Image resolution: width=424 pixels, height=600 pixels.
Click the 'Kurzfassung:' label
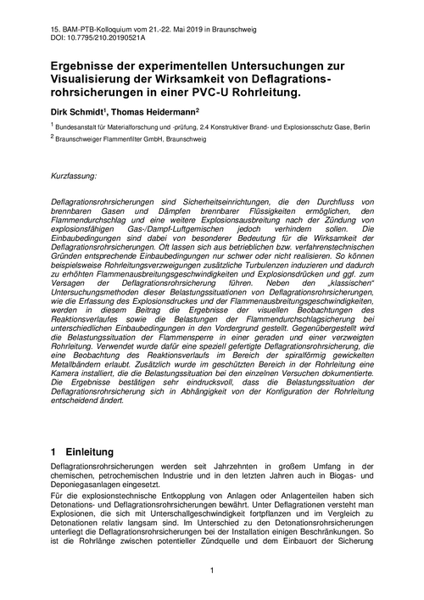point(75,176)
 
